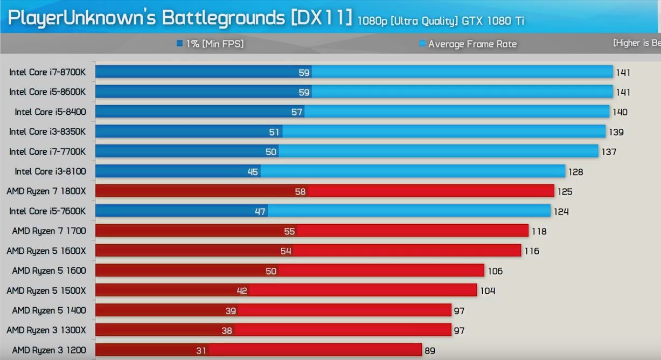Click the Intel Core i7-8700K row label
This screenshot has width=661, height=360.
coord(47,72)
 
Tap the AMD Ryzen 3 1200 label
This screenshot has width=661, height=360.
coord(48,350)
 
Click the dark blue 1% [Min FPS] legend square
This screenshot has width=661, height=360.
coord(179,44)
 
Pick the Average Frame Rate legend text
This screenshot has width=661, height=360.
coord(472,44)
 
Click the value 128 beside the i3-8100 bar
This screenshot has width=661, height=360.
coord(575,172)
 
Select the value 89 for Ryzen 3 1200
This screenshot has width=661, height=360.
coord(430,351)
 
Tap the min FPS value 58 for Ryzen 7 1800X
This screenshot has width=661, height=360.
coord(300,191)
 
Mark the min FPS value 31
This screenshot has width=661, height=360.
coord(201,351)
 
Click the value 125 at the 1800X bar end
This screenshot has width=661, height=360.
coord(565,191)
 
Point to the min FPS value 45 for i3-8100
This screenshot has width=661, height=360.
coord(253,172)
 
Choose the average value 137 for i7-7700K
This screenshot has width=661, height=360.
coord(609,152)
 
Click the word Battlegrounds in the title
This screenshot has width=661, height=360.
coord(223,18)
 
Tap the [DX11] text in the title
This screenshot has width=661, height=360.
coord(321,18)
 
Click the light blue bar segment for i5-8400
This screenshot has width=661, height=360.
coord(458,112)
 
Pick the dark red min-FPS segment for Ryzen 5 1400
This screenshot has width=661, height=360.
coord(162,310)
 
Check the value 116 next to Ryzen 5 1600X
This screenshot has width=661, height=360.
coord(532,251)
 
